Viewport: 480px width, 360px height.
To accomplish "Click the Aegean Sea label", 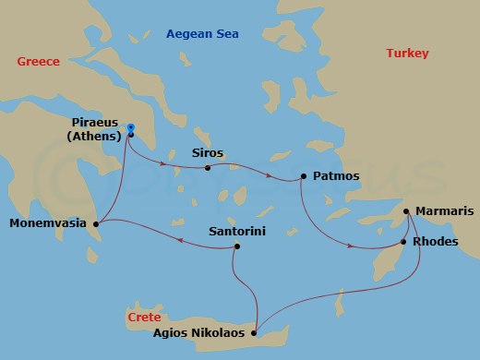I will [202, 34].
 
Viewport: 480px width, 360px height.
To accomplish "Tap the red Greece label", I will [38, 62].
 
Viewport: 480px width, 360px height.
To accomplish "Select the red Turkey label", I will [406, 54].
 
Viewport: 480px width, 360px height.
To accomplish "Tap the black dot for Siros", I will [208, 168].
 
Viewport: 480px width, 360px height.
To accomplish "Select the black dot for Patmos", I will [304, 175].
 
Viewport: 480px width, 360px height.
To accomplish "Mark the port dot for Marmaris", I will [406, 211].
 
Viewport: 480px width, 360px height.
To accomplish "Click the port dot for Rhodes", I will [402, 242].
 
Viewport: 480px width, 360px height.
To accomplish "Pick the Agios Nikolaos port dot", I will [255, 333].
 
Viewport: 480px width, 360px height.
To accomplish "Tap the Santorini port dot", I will [237, 246].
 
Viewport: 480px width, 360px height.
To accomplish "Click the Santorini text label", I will [237, 232].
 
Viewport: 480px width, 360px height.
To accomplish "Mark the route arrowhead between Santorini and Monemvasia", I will [178, 243].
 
